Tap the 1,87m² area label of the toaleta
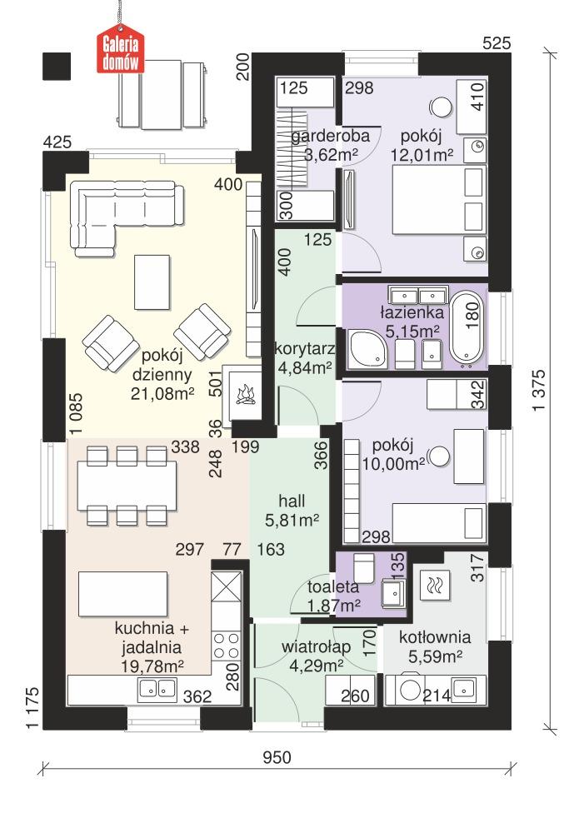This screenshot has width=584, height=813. click(333, 606)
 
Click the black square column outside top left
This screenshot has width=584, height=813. click(57, 66)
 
